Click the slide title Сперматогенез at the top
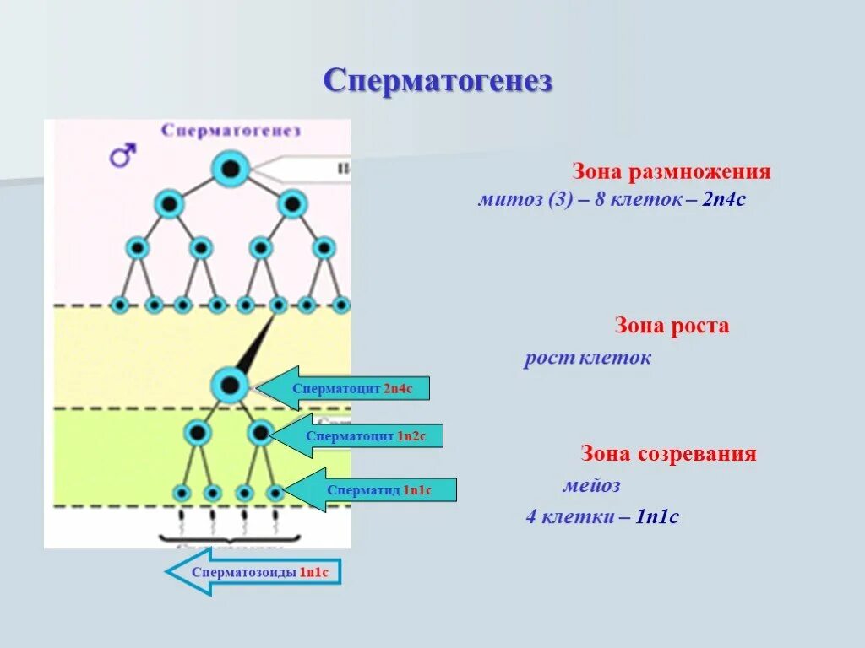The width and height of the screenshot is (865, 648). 438,82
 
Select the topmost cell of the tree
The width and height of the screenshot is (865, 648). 230,170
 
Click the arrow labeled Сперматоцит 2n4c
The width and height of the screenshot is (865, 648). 342,388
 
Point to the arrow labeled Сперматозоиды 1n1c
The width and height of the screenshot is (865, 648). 253,572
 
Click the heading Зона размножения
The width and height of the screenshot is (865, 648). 672,172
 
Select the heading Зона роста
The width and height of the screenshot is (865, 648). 672,326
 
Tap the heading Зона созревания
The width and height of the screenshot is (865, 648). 667,454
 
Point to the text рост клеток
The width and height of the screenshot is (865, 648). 587,359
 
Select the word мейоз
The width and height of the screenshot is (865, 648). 591,486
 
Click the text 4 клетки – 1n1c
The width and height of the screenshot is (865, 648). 601,516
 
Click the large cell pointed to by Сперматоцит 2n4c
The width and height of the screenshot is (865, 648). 229,386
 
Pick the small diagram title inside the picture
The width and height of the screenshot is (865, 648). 231,131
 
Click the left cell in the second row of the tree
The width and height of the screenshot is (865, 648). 169,203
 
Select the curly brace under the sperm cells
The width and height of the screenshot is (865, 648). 229,537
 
